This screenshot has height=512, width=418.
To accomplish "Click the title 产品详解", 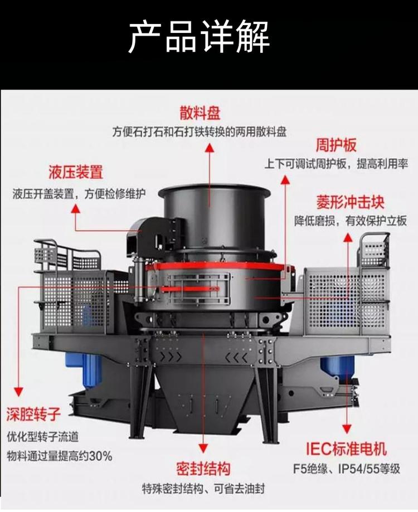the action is (x=199, y=36).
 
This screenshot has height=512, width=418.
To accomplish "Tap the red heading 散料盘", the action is (x=200, y=113).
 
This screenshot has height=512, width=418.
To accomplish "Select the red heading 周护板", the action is (x=336, y=145).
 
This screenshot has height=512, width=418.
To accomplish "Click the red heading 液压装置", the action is (x=76, y=172).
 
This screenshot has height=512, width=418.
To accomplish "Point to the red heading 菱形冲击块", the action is (x=350, y=202).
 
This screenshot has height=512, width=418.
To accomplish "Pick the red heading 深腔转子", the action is (x=33, y=414).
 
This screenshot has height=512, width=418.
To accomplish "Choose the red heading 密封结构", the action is (x=203, y=469).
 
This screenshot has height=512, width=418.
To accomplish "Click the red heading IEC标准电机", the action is (x=346, y=448).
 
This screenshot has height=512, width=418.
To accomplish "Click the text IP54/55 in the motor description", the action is (x=358, y=469).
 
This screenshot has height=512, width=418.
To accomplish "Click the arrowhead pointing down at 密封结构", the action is (x=203, y=448).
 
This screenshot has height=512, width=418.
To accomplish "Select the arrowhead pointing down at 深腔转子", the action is (x=18, y=392).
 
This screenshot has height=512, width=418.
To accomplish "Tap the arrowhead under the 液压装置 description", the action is (x=76, y=209).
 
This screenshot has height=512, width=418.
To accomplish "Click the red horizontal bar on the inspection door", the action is (x=189, y=289).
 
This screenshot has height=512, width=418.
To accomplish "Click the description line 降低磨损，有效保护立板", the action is (x=351, y=221).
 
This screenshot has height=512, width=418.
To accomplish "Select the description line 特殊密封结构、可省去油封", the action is (x=203, y=489).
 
